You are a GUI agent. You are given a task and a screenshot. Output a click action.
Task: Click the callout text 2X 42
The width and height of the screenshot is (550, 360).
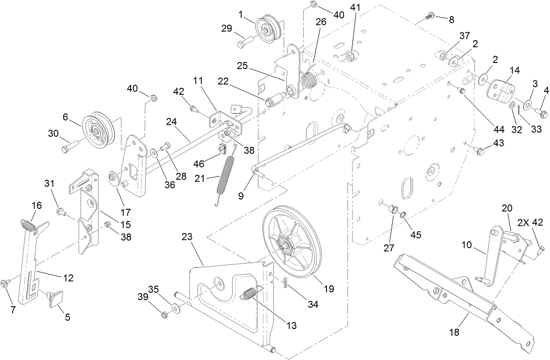(530, 222)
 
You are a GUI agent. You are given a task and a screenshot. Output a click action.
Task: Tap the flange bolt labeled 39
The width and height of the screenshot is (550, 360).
(165, 314)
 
